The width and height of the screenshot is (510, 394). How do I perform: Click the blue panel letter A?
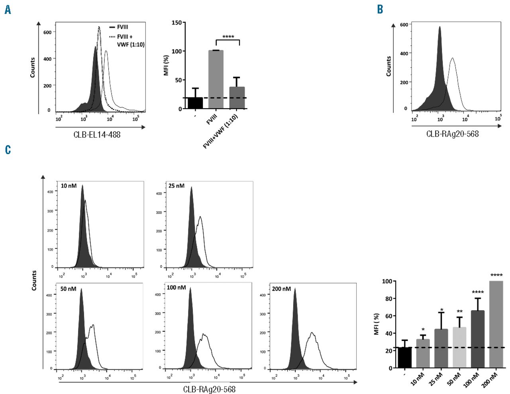pos(8,10)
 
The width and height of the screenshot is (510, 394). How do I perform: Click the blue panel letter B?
pos(380,9)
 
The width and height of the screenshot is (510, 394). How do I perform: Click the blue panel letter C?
pos(8,150)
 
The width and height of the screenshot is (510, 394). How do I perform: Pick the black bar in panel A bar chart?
pos(195,103)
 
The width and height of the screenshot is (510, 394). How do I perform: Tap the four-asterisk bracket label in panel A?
pos(228,37)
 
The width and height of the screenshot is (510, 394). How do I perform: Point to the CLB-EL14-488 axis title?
pos(97,135)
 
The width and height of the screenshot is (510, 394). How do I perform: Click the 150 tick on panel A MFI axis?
pos(177,23)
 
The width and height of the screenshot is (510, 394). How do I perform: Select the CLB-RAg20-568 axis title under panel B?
pos(452,134)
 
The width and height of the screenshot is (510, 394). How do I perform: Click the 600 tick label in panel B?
pos(404,24)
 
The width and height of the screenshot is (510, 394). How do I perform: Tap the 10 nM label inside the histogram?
pos(69,186)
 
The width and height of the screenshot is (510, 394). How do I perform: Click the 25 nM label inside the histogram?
pos(177,186)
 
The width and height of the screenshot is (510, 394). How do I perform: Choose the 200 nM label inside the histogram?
pos(281,289)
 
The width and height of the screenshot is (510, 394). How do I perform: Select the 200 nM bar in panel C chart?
pos(496,324)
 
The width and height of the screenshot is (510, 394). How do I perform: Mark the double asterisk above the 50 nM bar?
pos(459,312)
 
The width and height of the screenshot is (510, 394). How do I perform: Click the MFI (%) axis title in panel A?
pos(166,65)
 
